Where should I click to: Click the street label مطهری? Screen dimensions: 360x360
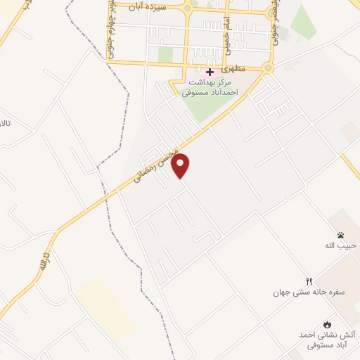tap(232, 70)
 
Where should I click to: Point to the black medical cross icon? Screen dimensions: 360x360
tap(210, 72)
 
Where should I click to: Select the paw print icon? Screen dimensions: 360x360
tap(341, 236)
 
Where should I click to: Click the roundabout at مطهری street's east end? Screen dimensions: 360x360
tap(267, 68)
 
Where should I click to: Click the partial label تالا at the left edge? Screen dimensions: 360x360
tap(6, 124)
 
